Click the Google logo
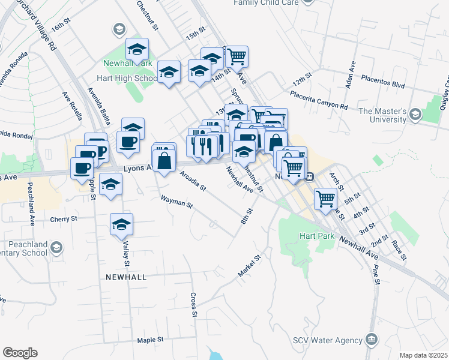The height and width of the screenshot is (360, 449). click(x=20, y=353)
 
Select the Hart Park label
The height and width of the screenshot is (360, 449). click(x=317, y=236)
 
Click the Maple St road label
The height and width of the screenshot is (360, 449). click(x=150, y=340)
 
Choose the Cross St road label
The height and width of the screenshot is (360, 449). click(x=193, y=304)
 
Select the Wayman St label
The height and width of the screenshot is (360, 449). click(x=176, y=202)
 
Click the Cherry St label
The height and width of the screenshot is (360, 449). click(x=64, y=219)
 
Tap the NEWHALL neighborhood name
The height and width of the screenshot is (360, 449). click(x=125, y=277)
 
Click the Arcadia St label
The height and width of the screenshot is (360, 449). click(x=192, y=181)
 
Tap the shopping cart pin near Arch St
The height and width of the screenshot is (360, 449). click(x=325, y=198)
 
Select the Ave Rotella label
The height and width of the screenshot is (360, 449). click(x=71, y=106)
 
